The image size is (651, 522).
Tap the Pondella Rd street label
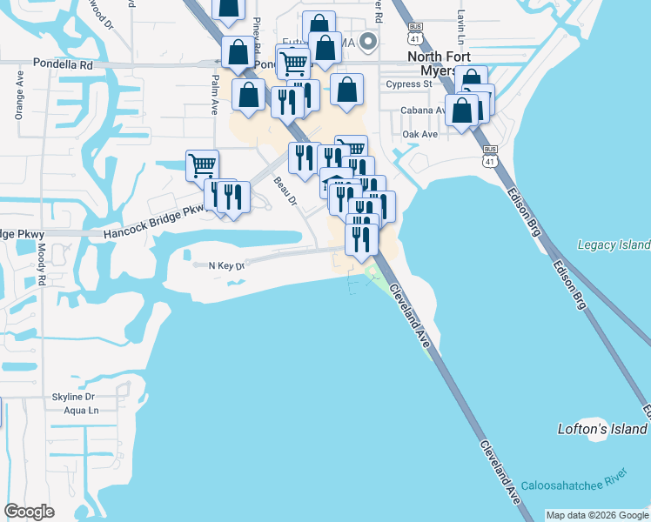point(63,64)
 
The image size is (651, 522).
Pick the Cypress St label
point(409,84)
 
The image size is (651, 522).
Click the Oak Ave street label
point(419,134)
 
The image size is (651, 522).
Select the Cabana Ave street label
point(421,110)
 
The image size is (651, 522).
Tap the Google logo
point(29,512)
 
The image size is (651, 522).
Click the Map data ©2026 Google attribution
point(597,515)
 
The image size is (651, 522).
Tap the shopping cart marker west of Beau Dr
point(202,164)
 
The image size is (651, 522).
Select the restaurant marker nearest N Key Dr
point(361,238)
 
